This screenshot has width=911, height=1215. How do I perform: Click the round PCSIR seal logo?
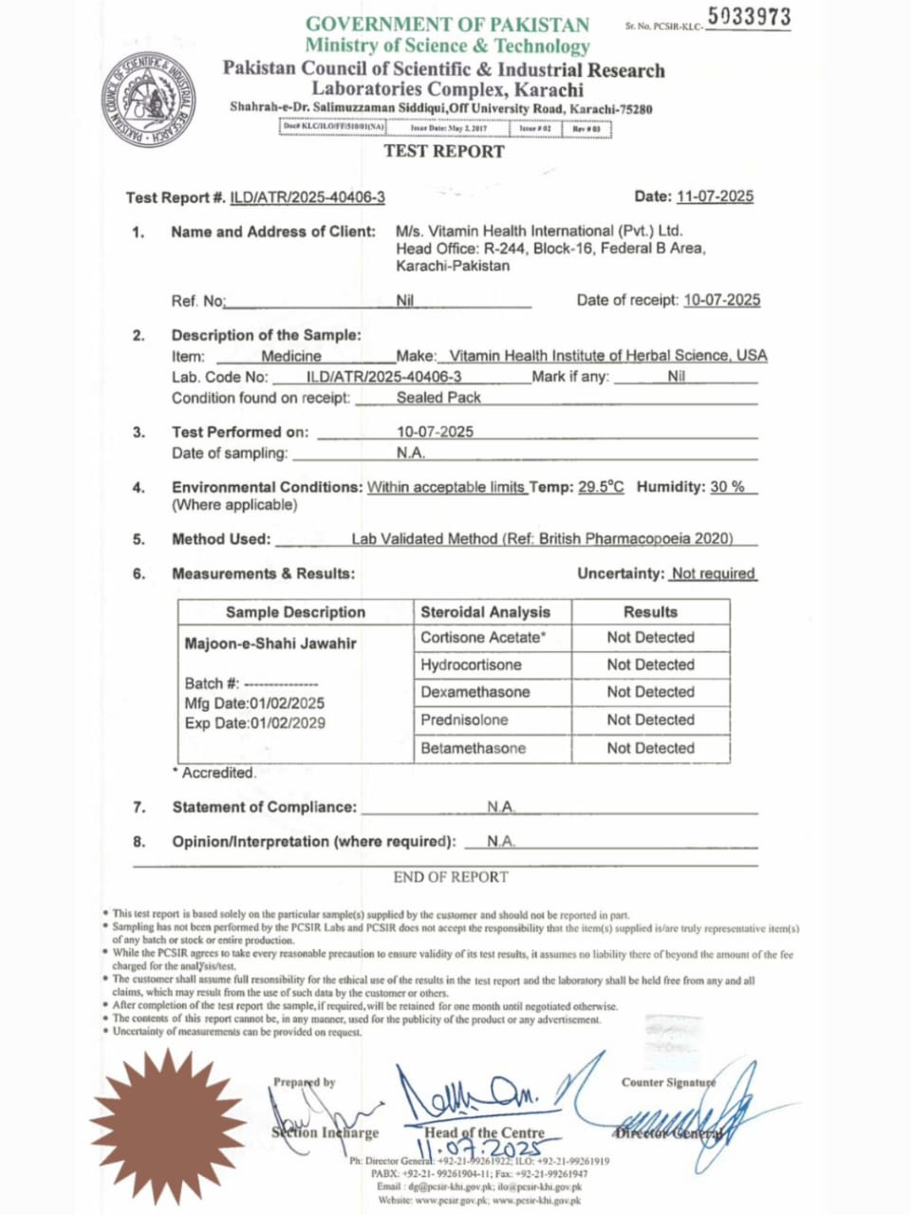(148, 101)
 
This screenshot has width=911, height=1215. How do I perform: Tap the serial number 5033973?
(749, 17)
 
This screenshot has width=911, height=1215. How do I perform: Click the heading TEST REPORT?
(444, 151)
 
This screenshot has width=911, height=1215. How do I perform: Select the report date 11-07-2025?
(715, 196)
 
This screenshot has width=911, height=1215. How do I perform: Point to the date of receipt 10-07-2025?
(721, 300)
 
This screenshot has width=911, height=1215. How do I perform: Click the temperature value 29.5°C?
(601, 487)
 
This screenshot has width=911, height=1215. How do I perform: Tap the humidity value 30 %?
(728, 487)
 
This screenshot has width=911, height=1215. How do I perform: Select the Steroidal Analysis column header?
(485, 612)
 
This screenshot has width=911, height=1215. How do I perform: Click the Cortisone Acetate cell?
(483, 638)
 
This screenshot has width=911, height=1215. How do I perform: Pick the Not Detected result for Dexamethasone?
(650, 692)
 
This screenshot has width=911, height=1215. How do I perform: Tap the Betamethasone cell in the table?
(473, 748)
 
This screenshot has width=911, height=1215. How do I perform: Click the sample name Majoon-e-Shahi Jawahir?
(270, 644)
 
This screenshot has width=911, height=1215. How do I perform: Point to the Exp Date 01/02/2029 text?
(254, 723)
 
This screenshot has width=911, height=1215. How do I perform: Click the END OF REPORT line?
(451, 877)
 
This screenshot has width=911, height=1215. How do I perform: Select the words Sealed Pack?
(438, 398)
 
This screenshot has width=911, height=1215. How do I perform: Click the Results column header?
(650, 612)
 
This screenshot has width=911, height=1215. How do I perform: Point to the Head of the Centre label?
(484, 1132)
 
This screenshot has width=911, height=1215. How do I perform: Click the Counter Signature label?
(668, 1082)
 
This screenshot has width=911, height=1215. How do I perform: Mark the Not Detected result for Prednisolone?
(650, 720)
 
